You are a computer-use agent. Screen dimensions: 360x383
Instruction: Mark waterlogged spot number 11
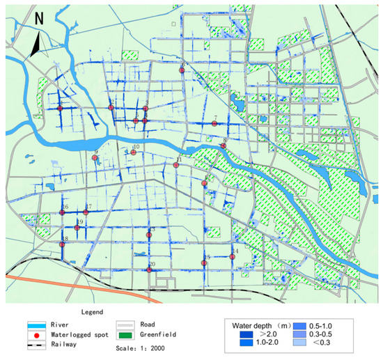tap(177, 165)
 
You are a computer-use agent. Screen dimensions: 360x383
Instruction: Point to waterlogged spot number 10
tap(133, 152)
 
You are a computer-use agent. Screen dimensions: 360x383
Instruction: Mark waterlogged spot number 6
tap(182, 70)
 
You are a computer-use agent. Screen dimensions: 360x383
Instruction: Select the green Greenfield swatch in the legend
tap(126, 335)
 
